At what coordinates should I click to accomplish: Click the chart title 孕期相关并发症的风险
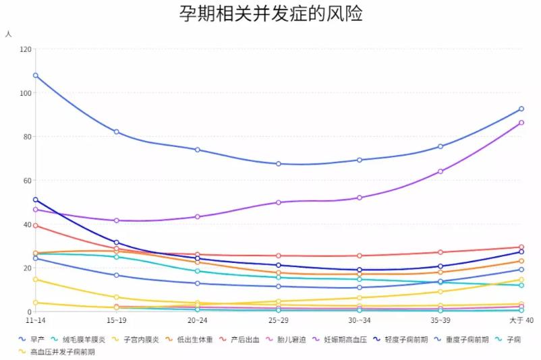coord(270,15)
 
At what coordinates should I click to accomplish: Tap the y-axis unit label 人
coord(8,34)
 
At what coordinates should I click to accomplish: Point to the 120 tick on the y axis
coord(25,49)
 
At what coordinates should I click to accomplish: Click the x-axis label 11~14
coord(35,320)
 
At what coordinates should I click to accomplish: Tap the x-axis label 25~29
coord(278,320)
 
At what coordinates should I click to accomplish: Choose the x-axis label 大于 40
coord(520,320)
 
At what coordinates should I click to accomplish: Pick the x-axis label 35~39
coord(440,320)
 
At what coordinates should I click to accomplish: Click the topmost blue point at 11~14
coord(35,76)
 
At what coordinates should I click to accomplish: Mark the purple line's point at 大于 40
coord(521,123)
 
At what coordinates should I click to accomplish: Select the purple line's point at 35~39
coord(440,171)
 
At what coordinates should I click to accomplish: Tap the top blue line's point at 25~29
coord(279,164)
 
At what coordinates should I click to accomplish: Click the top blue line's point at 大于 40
coord(521,109)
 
